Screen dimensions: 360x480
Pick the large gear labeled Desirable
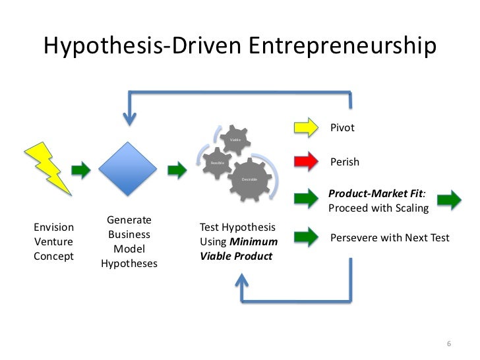250,179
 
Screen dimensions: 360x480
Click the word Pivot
342,128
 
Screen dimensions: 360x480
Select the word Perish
344,162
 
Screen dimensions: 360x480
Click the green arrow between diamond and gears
177,170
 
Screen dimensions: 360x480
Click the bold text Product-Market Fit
376,195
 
